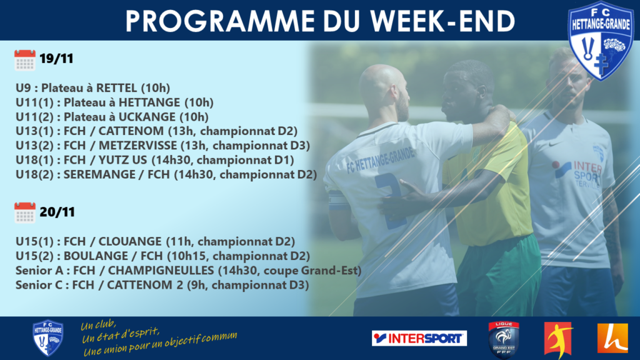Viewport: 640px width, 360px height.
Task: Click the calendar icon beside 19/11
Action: pyautogui.click(x=25, y=60)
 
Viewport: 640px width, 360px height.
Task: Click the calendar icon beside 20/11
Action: pyautogui.click(x=25, y=212)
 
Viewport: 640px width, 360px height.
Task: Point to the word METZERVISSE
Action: pyautogui.click(x=138, y=145)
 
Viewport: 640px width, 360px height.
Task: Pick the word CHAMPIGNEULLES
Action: pyautogui.click(x=161, y=270)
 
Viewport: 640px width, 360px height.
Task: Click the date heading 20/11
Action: pyautogui.click(x=57, y=212)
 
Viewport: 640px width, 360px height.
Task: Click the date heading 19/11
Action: pyautogui.click(x=56, y=59)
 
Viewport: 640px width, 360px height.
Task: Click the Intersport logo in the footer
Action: pyautogui.click(x=419, y=338)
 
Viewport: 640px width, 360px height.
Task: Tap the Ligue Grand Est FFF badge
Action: pyautogui.click(x=504, y=339)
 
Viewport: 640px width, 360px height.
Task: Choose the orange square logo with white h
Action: pyautogui.click(x=612, y=338)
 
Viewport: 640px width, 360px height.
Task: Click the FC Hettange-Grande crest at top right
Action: pyautogui.click(x=601, y=41)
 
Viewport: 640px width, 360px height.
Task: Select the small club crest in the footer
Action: pyautogui.click(x=47, y=338)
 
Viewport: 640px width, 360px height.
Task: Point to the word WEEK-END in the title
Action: pyautogui.click(x=442, y=21)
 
